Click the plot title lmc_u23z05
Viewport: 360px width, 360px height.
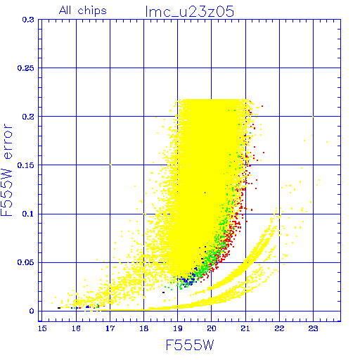click(189, 11)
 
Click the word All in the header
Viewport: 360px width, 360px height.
click(65, 11)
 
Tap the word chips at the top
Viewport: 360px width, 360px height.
click(92, 11)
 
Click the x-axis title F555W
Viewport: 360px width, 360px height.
click(190, 345)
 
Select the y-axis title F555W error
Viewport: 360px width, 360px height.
click(6, 170)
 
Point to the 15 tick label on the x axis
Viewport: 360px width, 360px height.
click(42, 328)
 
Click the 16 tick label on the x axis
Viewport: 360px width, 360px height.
click(76, 328)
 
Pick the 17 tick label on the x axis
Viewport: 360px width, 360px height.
click(110, 328)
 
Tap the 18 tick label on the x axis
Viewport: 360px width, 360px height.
click(144, 328)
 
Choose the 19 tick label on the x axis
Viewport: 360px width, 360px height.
click(178, 328)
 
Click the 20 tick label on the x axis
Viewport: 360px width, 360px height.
click(212, 328)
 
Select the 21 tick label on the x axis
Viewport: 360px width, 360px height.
click(245, 328)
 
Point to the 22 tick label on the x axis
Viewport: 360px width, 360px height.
click(279, 328)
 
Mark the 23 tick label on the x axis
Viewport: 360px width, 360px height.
click(313, 328)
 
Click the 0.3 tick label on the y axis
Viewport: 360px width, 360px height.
click(28, 20)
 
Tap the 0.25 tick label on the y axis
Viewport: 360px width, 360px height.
click(26, 68)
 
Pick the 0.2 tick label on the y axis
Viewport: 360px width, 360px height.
click(28, 117)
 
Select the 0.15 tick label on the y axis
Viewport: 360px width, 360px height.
click(26, 165)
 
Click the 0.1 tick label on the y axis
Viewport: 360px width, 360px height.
click(28, 214)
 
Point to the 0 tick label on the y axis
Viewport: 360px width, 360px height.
click(32, 311)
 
